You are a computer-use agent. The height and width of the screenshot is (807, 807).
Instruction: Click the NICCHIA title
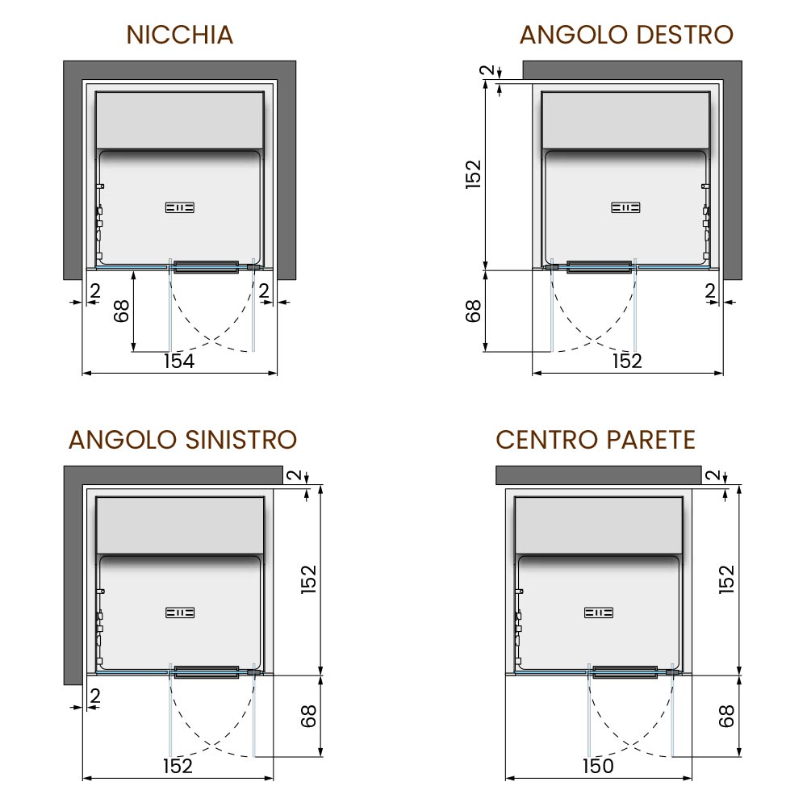coord(180,35)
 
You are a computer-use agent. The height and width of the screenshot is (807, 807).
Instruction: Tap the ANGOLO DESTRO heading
coord(626,35)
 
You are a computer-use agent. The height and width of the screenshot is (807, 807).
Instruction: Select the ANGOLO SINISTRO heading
coord(182,440)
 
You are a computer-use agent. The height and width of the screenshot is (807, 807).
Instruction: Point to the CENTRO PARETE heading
coord(596,440)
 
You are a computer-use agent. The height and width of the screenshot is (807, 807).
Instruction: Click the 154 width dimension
coord(179,362)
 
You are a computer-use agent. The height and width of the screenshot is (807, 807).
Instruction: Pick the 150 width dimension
coord(598,767)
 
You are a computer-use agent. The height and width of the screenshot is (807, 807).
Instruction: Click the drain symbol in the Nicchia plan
coord(180,208)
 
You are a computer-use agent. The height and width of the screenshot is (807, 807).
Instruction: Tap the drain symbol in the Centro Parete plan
coord(599,613)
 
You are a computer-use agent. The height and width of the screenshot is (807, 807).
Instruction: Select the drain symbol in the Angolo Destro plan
coord(625,208)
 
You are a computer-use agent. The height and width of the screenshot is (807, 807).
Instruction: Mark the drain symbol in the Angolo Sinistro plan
coord(180,613)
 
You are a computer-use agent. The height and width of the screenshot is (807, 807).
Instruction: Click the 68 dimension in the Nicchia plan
coord(122,312)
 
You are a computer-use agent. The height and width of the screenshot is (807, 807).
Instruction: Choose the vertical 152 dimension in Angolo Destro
coord(473,174)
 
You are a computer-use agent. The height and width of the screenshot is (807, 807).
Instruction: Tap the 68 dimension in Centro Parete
coord(725,717)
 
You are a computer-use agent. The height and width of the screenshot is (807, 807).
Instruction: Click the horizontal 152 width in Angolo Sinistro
coord(178,767)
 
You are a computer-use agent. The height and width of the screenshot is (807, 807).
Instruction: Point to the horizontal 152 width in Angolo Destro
coord(627,362)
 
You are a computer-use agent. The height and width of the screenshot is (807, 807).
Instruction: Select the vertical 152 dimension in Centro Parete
coord(726,579)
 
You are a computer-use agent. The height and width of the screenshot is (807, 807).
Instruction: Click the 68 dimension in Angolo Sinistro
coord(307,717)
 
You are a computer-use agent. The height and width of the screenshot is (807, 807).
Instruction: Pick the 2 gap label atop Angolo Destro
coord(487,70)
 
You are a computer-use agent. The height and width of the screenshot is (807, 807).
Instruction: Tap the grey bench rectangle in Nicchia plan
coord(180,120)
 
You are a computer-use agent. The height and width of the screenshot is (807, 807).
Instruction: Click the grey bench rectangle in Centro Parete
coord(599,525)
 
